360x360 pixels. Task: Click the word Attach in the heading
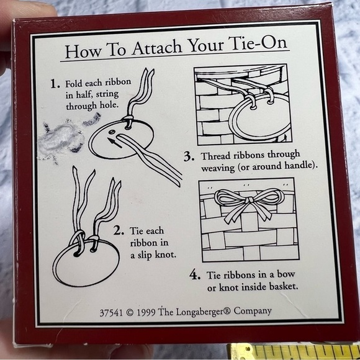click(x=157, y=48)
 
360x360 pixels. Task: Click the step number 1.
click(x=55, y=84)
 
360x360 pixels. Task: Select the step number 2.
click(x=118, y=231)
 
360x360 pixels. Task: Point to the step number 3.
click(x=189, y=157)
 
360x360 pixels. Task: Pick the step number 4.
click(x=195, y=275)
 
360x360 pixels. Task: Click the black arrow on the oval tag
click(x=115, y=142)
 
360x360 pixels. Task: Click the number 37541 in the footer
click(x=111, y=313)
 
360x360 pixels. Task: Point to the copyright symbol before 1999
click(x=130, y=313)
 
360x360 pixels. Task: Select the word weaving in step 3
click(x=218, y=168)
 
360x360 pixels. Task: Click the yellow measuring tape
click(x=294, y=352)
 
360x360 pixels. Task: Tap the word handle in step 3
click(x=299, y=165)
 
